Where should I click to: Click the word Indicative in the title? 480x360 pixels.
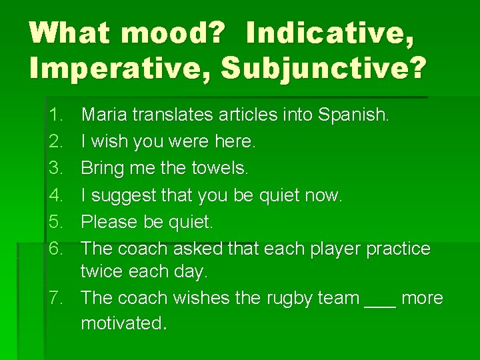(x=329, y=33)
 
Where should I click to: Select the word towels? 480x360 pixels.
(x=220, y=168)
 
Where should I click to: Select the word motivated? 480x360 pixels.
(x=123, y=323)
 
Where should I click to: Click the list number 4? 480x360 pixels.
(x=56, y=195)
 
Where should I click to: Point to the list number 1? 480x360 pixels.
(x=56, y=115)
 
